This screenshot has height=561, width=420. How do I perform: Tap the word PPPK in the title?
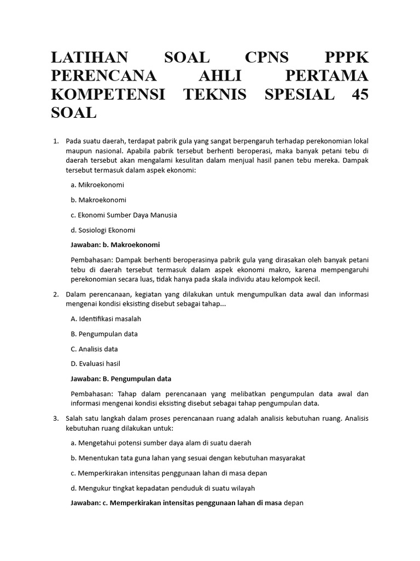346,57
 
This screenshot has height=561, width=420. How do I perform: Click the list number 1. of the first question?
56,141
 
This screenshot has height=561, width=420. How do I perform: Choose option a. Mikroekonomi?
97,185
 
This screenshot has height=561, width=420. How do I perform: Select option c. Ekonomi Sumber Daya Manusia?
124,215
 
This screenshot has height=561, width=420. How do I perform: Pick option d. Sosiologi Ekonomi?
103,230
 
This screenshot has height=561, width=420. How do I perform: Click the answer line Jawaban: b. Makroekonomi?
115,245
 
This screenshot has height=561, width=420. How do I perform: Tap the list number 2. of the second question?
56,294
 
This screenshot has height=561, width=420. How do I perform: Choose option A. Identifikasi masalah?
106,319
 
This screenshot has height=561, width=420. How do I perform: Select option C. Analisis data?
94,349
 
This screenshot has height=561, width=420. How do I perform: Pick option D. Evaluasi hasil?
96,364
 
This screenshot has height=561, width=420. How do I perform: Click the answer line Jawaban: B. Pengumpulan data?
121,379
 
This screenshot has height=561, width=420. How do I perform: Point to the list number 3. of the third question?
56,419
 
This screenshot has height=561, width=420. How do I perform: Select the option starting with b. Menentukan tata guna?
188,458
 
